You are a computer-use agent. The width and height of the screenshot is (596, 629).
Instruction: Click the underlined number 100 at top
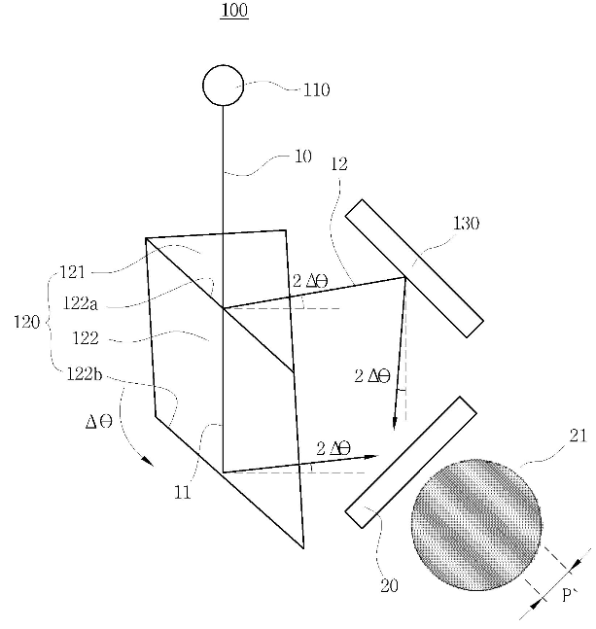click(x=234, y=11)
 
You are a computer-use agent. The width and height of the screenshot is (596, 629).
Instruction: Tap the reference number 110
click(x=316, y=89)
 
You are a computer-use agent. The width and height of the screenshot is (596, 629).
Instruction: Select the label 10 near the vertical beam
click(x=303, y=157)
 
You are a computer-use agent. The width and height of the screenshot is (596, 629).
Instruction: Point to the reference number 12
click(x=339, y=164)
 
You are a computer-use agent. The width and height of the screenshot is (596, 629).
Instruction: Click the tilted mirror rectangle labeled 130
click(x=414, y=268)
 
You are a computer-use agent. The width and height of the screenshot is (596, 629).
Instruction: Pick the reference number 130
click(x=466, y=224)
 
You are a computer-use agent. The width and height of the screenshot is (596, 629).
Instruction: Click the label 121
click(x=73, y=273)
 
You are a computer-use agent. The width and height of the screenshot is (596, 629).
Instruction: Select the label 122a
click(x=81, y=303)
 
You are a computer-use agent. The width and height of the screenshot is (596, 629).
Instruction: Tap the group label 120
click(x=27, y=322)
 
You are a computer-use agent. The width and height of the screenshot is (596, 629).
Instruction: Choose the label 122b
click(x=85, y=374)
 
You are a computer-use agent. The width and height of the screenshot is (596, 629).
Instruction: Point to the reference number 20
click(x=389, y=586)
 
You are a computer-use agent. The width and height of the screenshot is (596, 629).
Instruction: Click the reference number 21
click(x=578, y=436)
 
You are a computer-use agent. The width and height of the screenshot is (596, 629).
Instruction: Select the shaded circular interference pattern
click(x=476, y=525)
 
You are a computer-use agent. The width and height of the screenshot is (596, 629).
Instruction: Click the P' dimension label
click(x=570, y=595)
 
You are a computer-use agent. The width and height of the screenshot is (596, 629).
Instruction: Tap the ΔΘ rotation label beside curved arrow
click(x=99, y=422)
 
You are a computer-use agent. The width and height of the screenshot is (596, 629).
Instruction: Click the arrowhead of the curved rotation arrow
click(x=148, y=461)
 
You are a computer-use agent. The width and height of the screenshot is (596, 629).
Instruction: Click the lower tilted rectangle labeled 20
click(x=411, y=462)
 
